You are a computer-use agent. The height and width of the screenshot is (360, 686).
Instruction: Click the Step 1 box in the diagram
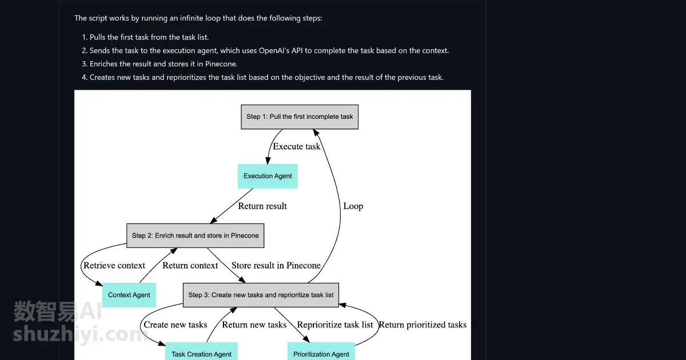[x=300, y=117]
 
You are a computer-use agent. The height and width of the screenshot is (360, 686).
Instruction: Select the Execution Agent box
[x=268, y=177]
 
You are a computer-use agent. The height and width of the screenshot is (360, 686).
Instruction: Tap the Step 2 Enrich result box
[x=196, y=235]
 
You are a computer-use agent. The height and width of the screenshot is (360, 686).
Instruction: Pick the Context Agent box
[x=129, y=295]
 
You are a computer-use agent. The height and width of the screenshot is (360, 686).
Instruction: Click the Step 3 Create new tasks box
[x=261, y=295]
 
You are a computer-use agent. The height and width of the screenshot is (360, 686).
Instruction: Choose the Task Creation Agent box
[x=201, y=351]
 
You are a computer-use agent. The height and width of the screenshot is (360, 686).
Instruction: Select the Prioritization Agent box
[x=321, y=351]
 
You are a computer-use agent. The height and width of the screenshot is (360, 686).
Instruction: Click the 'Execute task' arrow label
[x=297, y=147]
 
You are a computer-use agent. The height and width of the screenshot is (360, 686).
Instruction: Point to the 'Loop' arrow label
[x=353, y=206]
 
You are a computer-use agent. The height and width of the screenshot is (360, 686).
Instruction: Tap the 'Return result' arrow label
[x=262, y=206]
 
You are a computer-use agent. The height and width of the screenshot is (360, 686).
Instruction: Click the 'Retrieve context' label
[x=114, y=265]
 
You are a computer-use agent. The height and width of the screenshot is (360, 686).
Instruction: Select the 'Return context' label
[x=190, y=265]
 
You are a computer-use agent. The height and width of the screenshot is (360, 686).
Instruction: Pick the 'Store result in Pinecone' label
[x=276, y=265]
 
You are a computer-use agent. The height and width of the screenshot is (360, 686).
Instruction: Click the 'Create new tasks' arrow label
[x=176, y=325]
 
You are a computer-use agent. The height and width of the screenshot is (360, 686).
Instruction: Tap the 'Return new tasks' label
[x=254, y=325]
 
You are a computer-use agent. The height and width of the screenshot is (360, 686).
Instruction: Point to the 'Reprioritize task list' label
[x=335, y=325]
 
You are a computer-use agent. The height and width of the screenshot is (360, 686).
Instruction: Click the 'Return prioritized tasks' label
[x=422, y=325]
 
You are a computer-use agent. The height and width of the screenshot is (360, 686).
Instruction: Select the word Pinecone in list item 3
[x=221, y=64]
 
